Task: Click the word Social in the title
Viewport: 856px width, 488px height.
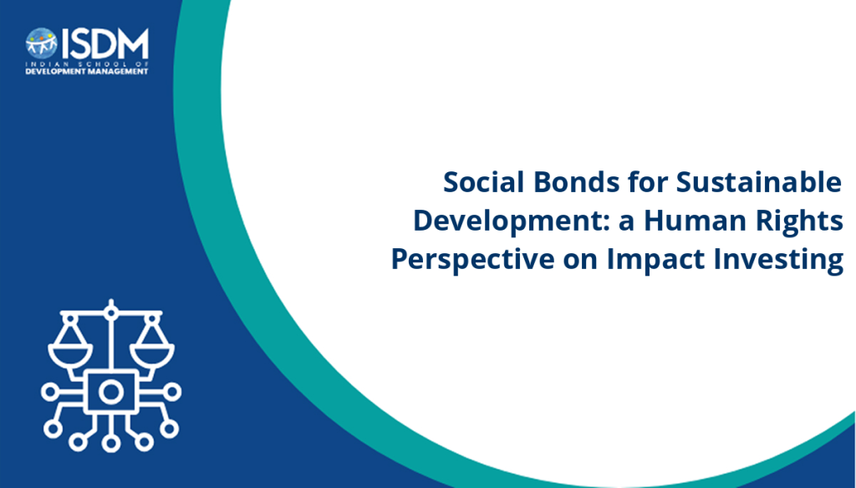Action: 484,182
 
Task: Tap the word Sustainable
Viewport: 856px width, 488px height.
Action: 759,182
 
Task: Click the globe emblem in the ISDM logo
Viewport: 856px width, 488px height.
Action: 42,43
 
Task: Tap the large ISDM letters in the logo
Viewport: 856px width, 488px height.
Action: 104,43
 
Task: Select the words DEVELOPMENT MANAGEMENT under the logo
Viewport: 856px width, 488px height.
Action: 87,71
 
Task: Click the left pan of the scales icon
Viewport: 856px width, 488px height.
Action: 70,355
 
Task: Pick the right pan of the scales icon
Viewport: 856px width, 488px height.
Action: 152,355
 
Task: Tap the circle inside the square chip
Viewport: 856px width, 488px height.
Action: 111,392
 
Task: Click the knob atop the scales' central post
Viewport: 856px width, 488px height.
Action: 111,313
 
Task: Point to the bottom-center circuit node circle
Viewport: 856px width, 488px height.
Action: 111,443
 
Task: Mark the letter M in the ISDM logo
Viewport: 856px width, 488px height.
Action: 132,43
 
